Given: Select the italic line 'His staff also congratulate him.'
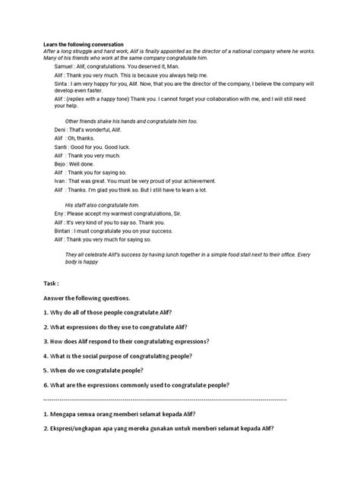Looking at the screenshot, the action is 103,204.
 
